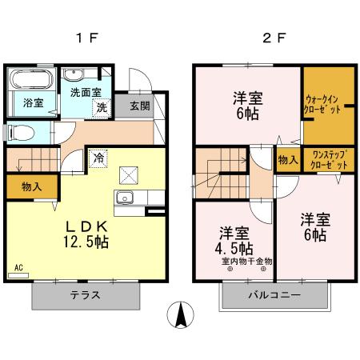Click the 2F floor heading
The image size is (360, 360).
pos(273,38)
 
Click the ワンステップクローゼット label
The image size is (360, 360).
pos(329,158)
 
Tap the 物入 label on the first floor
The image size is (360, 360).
pos(32,187)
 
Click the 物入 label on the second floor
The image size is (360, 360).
pos(287,159)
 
